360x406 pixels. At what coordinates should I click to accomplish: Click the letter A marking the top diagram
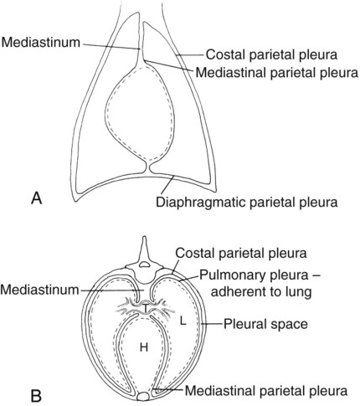[37, 198]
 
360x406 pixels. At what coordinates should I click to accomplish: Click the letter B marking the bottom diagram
[36, 396]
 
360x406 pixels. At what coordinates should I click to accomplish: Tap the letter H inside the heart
[144, 347]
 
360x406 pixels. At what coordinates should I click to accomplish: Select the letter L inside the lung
[183, 321]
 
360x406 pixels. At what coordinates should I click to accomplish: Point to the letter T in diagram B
[145, 308]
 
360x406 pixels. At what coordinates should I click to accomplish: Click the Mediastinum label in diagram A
[41, 43]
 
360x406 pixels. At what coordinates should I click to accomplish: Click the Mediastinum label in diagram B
[40, 290]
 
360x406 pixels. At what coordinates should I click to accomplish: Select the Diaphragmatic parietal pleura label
[247, 202]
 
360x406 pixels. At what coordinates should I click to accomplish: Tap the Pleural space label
[265, 324]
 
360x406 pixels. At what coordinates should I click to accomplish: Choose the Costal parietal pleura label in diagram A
[271, 54]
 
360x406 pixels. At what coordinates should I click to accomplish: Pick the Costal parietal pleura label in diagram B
[241, 254]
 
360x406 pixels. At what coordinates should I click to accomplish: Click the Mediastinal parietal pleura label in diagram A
[276, 73]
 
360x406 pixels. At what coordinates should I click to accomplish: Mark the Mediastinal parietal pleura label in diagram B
[266, 391]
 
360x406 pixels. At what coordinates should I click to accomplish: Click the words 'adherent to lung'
[261, 292]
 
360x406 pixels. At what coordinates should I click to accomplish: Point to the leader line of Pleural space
[212, 324]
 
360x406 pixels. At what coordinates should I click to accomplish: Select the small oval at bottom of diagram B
[144, 397]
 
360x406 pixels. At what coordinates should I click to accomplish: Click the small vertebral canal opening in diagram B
[144, 264]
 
